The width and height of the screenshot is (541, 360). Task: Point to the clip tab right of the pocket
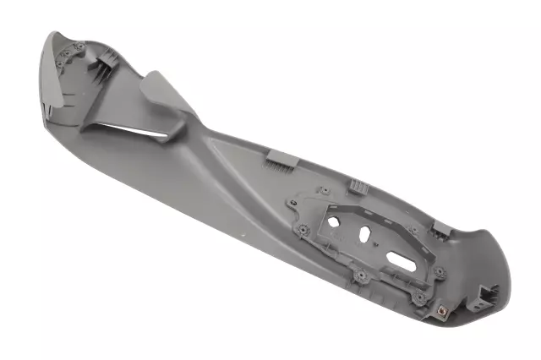(440, 228)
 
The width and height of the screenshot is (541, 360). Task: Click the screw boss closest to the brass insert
(419, 297)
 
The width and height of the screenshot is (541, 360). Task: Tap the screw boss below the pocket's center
(362, 275)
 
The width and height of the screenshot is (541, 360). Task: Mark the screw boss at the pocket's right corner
(439, 271)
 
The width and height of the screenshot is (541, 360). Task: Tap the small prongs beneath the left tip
(48, 110)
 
